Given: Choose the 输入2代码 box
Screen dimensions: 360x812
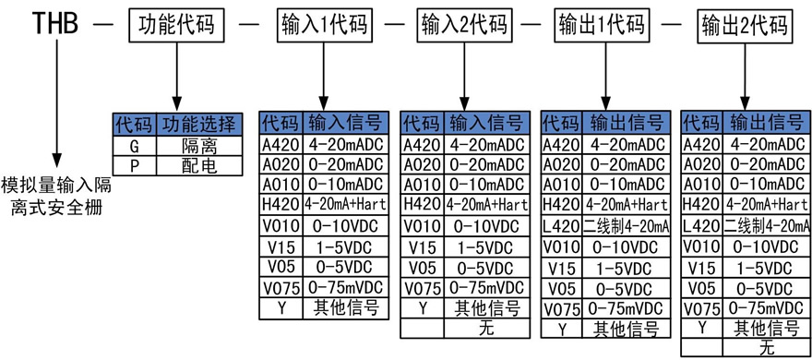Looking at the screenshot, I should [x=463, y=25].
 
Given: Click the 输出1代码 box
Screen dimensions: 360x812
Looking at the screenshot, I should [x=604, y=25].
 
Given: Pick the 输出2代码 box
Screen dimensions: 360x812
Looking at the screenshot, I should [x=745, y=25].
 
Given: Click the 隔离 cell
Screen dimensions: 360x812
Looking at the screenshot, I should [x=199, y=146].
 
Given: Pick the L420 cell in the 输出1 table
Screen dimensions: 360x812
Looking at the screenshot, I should [x=561, y=226].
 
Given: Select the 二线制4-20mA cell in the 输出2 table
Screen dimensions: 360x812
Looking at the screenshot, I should [x=768, y=226].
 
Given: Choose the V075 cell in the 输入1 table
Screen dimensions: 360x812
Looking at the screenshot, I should [x=281, y=287].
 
